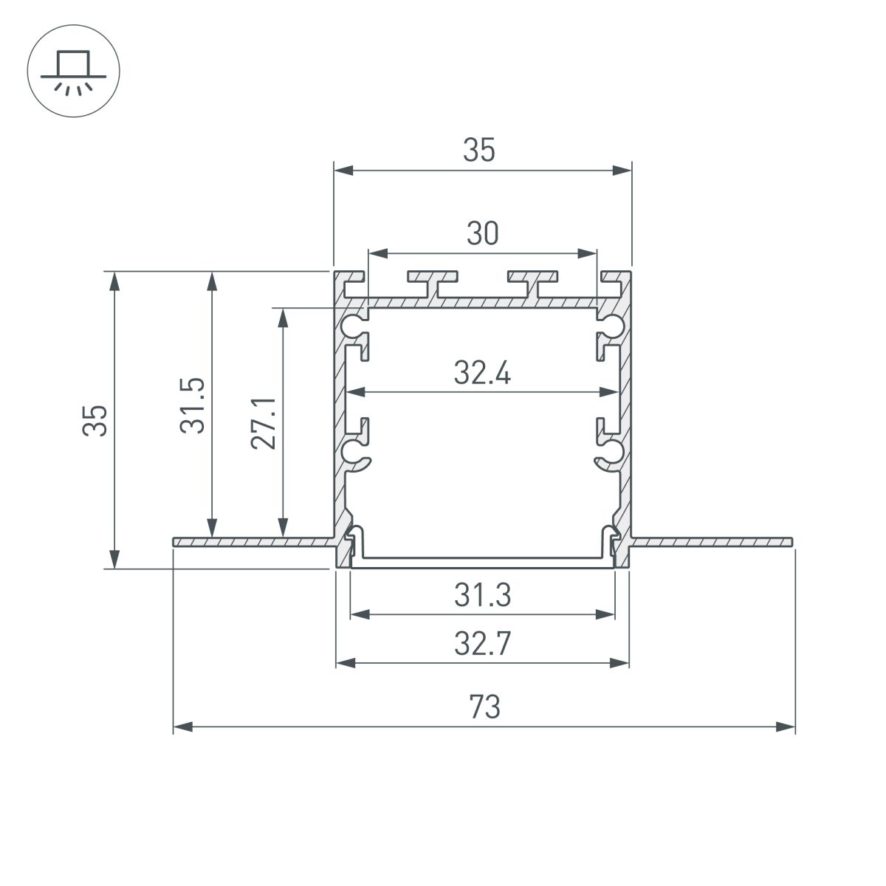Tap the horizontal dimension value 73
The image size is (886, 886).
click(484, 707)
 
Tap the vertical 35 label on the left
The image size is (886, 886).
click(96, 421)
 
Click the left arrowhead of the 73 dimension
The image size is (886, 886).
click(180, 727)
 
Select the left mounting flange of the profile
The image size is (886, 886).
click(251, 542)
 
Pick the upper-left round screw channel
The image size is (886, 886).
click(353, 326)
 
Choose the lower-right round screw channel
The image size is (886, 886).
click(612, 451)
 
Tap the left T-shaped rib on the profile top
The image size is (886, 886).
click(433, 281)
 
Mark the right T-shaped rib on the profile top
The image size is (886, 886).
click(533, 281)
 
